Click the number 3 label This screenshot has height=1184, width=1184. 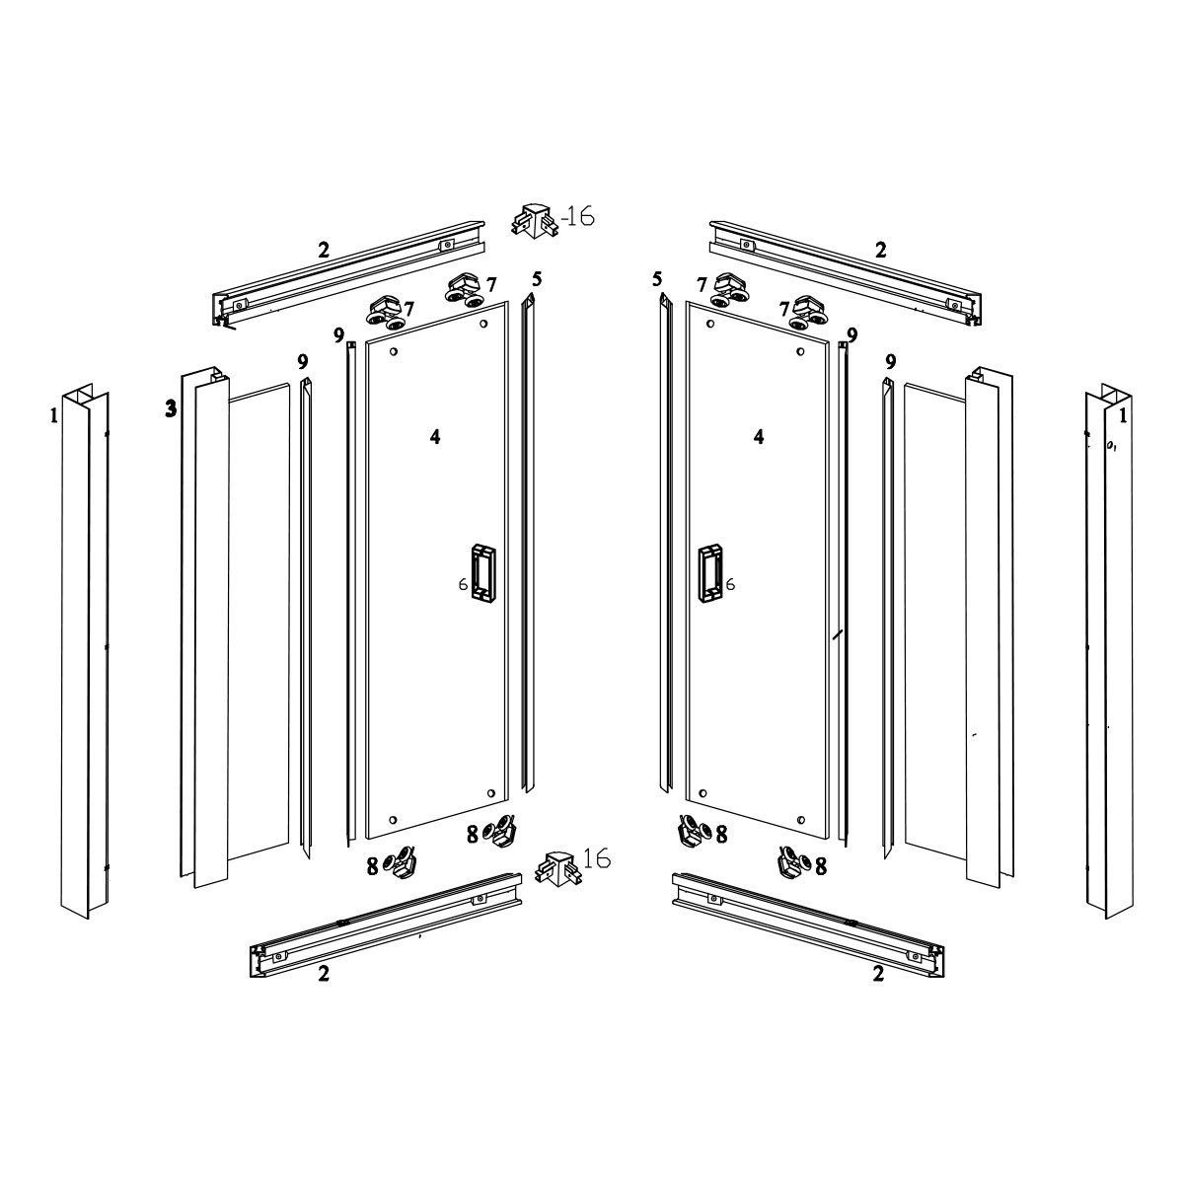[x=171, y=407]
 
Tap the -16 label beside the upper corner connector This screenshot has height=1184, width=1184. [x=577, y=217]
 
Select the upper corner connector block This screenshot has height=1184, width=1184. [x=534, y=221]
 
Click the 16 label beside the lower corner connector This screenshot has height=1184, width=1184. [x=597, y=857]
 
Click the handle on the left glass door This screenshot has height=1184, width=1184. [x=483, y=571]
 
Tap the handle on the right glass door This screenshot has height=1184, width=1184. [x=709, y=571]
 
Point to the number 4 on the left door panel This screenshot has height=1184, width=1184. [x=435, y=437]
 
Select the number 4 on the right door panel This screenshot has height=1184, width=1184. [x=759, y=437]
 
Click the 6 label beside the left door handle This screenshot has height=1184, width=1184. [x=464, y=584]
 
